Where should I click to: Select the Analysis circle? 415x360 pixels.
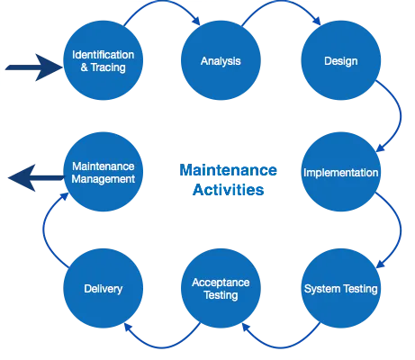(x=221, y=61)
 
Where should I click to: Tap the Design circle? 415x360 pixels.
(x=341, y=61)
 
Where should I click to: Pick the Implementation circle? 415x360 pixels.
(x=341, y=171)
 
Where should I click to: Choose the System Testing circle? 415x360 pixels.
(x=341, y=289)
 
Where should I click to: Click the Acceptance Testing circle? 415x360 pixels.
(x=221, y=289)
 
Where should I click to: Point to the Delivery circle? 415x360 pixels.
(x=101, y=289)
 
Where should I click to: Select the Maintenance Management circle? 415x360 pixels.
(x=101, y=171)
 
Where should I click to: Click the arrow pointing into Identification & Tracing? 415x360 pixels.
(x=32, y=67)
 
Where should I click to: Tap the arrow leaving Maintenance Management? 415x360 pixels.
(x=32, y=178)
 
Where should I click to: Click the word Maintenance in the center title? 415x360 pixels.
(x=229, y=171)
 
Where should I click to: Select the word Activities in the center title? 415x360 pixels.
(x=229, y=191)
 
